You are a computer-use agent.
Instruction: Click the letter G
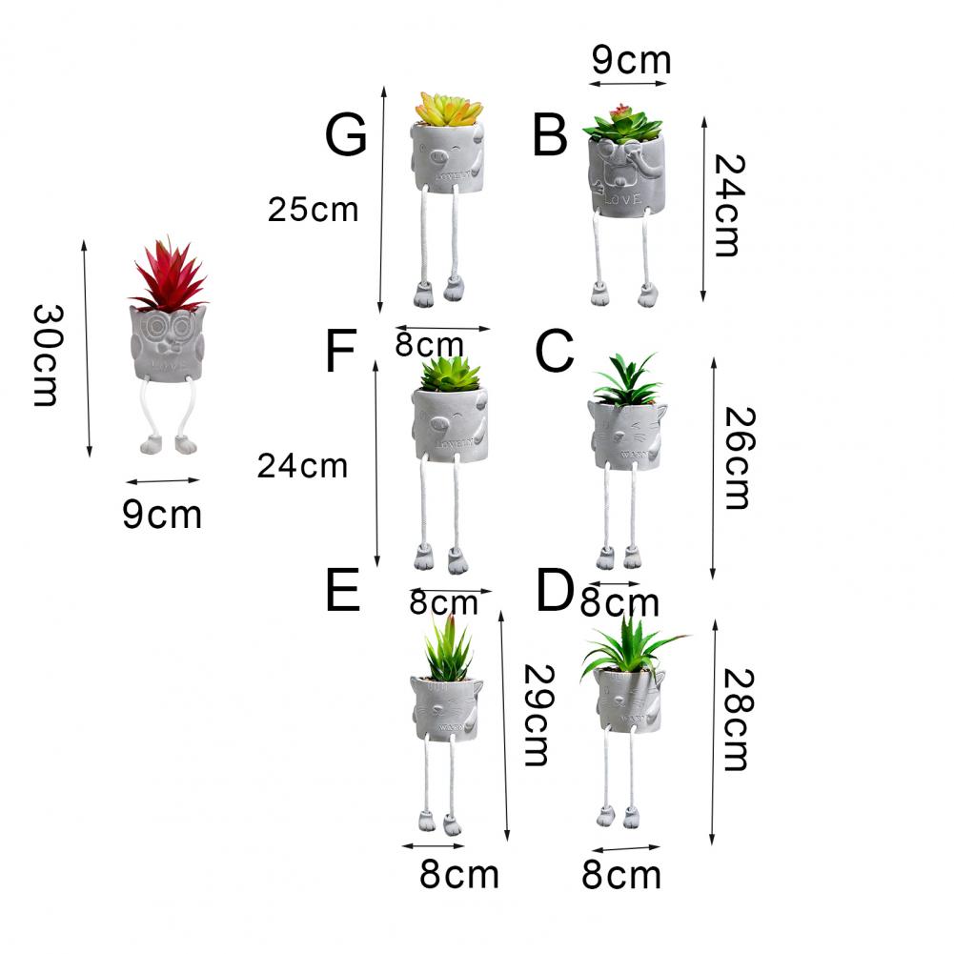pyautogui.click(x=346, y=135)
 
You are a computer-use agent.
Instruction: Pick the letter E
pyautogui.click(x=342, y=591)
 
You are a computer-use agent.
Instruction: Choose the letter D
pyautogui.click(x=554, y=592)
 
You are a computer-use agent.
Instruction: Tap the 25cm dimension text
pyautogui.click(x=313, y=210)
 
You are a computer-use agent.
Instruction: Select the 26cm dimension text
pyautogui.click(x=735, y=457)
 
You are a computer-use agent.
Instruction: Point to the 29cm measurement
pyautogui.click(x=534, y=715)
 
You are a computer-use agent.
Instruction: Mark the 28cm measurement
pyautogui.click(x=735, y=719)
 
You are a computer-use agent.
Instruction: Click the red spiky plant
pyautogui.click(x=170, y=274)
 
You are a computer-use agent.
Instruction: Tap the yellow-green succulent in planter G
pyautogui.click(x=447, y=109)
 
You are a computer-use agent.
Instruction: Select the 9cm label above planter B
pyautogui.click(x=631, y=60)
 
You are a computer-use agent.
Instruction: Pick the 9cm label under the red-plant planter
pyautogui.click(x=162, y=515)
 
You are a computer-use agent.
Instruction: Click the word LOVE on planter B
pyautogui.click(x=624, y=199)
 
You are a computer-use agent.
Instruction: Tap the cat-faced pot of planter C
pyautogui.click(x=625, y=435)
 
